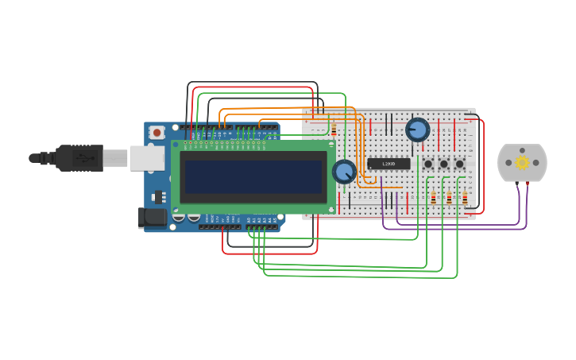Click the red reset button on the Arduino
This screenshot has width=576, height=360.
157,133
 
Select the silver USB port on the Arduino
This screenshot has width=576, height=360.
146,158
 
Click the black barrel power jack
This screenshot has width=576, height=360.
152,218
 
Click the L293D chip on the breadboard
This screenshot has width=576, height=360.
389,164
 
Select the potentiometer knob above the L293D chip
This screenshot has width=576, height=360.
417,129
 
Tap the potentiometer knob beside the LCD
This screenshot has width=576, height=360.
344,171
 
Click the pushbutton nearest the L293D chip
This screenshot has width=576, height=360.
428,164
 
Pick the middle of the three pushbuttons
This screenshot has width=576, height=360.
444,164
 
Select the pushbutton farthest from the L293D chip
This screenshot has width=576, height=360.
459,164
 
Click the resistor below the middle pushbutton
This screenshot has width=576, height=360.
449,198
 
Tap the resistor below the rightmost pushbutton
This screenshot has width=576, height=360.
465,198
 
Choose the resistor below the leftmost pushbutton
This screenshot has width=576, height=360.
433,198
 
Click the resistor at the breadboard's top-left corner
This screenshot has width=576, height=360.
334,129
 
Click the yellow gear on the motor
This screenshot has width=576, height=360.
522,162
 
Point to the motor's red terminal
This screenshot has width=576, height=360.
527,184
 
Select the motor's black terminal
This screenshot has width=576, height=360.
517,184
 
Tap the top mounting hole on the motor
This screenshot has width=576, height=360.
522,150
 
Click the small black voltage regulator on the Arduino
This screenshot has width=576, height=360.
158,197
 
